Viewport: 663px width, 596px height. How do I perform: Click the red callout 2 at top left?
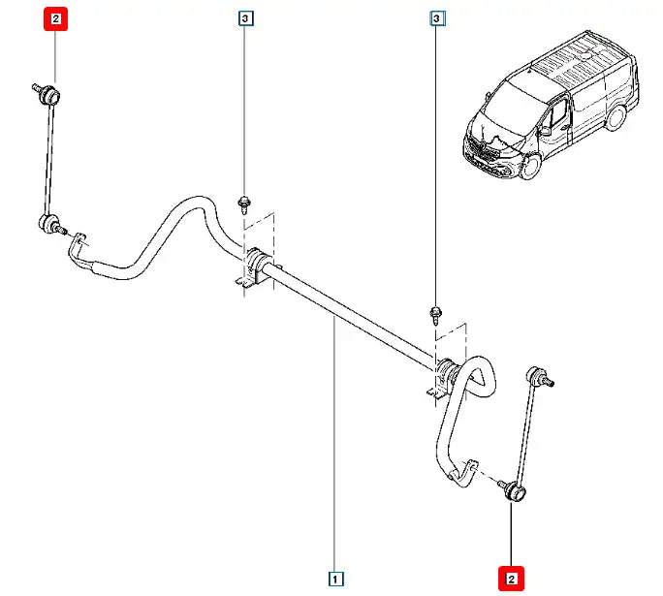(55, 17)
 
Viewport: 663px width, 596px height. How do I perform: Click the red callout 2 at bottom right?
(511, 579)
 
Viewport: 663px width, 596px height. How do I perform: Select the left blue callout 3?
(246, 18)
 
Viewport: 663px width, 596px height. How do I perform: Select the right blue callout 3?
(437, 18)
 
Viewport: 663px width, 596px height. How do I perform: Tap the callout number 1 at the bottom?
(334, 579)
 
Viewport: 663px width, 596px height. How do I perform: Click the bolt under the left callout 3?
(245, 204)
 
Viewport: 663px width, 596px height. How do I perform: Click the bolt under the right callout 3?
(436, 313)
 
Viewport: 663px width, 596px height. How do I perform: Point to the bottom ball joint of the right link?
(514, 492)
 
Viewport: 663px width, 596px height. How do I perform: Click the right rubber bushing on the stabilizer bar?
(448, 372)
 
